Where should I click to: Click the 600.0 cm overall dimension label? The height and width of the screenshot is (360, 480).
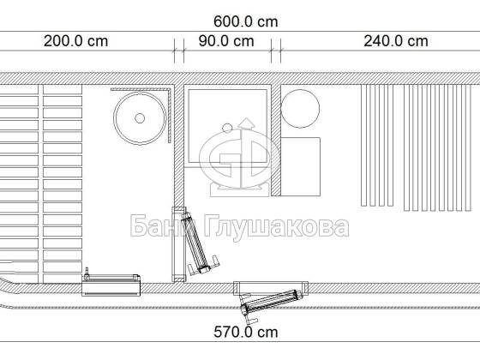[245, 21]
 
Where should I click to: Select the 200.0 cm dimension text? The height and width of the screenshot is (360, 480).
[76, 41]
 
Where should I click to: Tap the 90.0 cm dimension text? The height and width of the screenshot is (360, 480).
[226, 41]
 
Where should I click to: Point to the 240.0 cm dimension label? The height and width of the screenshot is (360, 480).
[396, 41]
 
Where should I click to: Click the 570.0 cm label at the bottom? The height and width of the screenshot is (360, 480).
[245, 333]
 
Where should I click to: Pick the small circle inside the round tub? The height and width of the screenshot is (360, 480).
[140, 118]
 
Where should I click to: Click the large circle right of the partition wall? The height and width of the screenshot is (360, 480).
[300, 108]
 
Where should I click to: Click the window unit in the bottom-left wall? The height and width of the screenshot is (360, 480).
[111, 285]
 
